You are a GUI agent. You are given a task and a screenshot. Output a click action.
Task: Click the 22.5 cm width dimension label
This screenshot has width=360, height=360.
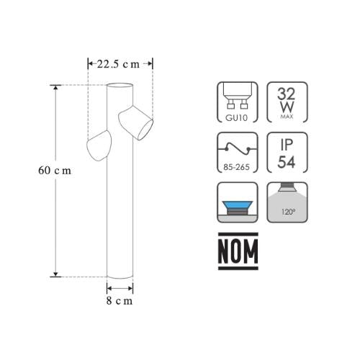tap(120, 63)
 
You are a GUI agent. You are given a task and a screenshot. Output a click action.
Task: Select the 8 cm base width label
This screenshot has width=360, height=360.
tap(120, 301)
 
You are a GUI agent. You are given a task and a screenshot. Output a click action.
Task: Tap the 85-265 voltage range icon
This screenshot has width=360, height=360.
tap(237, 153)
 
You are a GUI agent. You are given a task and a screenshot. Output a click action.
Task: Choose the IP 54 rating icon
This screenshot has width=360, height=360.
tap(285, 153)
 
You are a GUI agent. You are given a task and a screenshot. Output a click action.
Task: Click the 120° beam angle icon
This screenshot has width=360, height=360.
tap(285, 202)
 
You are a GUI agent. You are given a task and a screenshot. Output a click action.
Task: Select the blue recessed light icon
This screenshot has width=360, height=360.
tap(237, 202)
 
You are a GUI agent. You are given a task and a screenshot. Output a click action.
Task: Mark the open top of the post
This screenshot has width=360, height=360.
tap(120, 86)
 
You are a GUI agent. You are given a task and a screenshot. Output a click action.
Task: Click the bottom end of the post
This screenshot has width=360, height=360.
tap(120, 276)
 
